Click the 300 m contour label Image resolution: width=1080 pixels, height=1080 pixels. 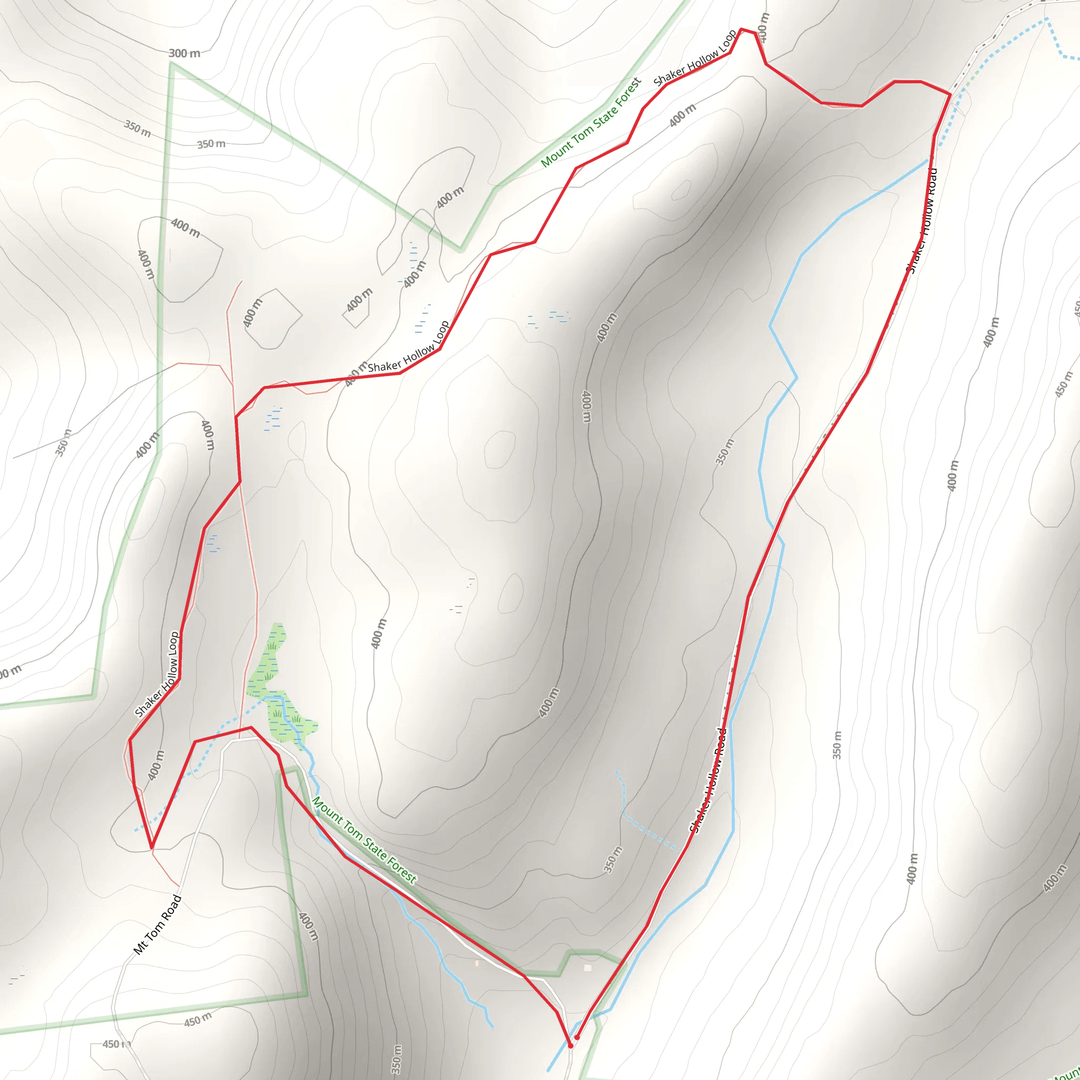tap(184, 54)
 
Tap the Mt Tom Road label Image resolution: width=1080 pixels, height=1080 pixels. tap(158, 924)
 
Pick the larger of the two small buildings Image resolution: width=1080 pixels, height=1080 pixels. tap(587, 967)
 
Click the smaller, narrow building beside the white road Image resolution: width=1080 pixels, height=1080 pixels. tap(477, 963)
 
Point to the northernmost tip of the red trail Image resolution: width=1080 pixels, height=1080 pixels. tap(741, 29)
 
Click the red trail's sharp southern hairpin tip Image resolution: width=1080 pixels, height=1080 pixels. tap(151, 847)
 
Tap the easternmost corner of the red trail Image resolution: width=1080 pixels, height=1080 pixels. tap(950, 94)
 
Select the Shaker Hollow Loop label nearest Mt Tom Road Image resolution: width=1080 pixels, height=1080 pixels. tap(157, 674)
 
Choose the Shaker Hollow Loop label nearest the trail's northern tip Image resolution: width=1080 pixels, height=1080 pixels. tap(695, 57)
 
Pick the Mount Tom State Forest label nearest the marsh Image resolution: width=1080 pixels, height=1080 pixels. tap(364, 841)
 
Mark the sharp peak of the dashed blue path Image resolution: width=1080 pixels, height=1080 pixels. tap(1046, 20)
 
